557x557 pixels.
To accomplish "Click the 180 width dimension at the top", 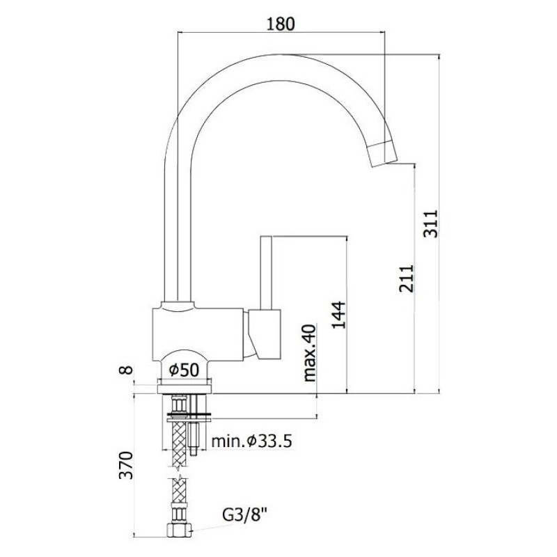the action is pos(281,24).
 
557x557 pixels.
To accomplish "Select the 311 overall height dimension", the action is pos(432,223).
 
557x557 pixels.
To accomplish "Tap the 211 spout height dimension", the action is pos(406,278).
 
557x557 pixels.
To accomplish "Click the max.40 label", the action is pos(308,352).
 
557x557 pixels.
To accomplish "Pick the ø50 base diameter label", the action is pos(185,370).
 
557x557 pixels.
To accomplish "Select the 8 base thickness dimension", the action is pos(127,370).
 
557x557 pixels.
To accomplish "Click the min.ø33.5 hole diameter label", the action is pos(251,441).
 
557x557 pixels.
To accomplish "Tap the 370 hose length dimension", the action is pos(127,465).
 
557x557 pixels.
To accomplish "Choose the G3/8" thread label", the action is pos(245,514).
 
